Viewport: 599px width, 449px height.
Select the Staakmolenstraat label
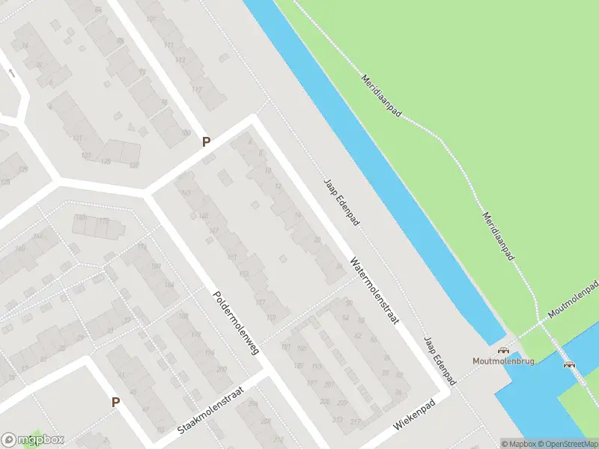(212, 407)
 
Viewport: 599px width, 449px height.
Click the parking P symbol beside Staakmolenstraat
(115, 402)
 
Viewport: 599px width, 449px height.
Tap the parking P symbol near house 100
(206, 141)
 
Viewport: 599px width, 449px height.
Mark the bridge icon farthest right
(570, 364)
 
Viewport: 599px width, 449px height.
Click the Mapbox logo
(33, 439)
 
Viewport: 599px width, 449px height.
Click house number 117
(197, 89)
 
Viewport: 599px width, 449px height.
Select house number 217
(354, 422)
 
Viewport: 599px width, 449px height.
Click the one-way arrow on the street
(11, 73)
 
